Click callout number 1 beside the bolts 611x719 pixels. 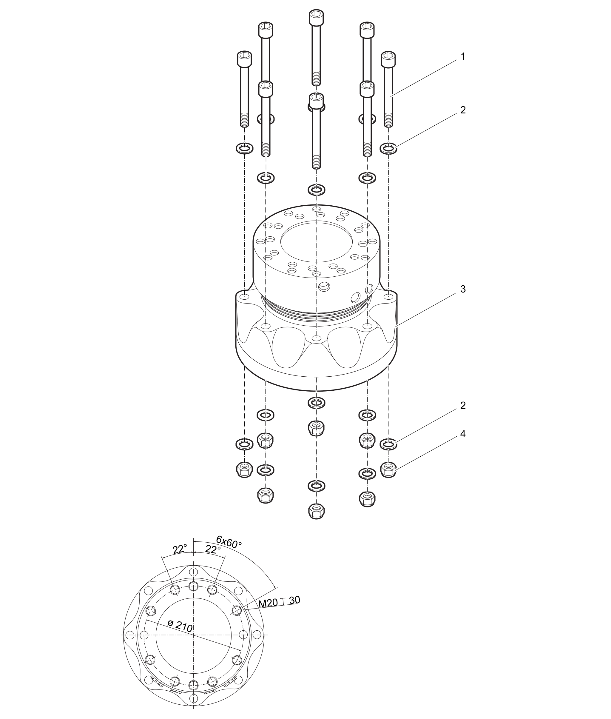pos(463,56)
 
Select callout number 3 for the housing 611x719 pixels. pos(463,289)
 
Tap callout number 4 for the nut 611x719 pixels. pos(463,434)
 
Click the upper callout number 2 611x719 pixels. pos(463,110)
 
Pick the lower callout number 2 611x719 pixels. pos(463,405)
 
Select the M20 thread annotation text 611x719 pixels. pos(268,603)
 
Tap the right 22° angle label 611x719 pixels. pos(213,549)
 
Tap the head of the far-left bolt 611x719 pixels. pos(244,59)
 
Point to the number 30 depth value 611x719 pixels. pos(294,600)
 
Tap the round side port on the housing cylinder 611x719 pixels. pos(325,286)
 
